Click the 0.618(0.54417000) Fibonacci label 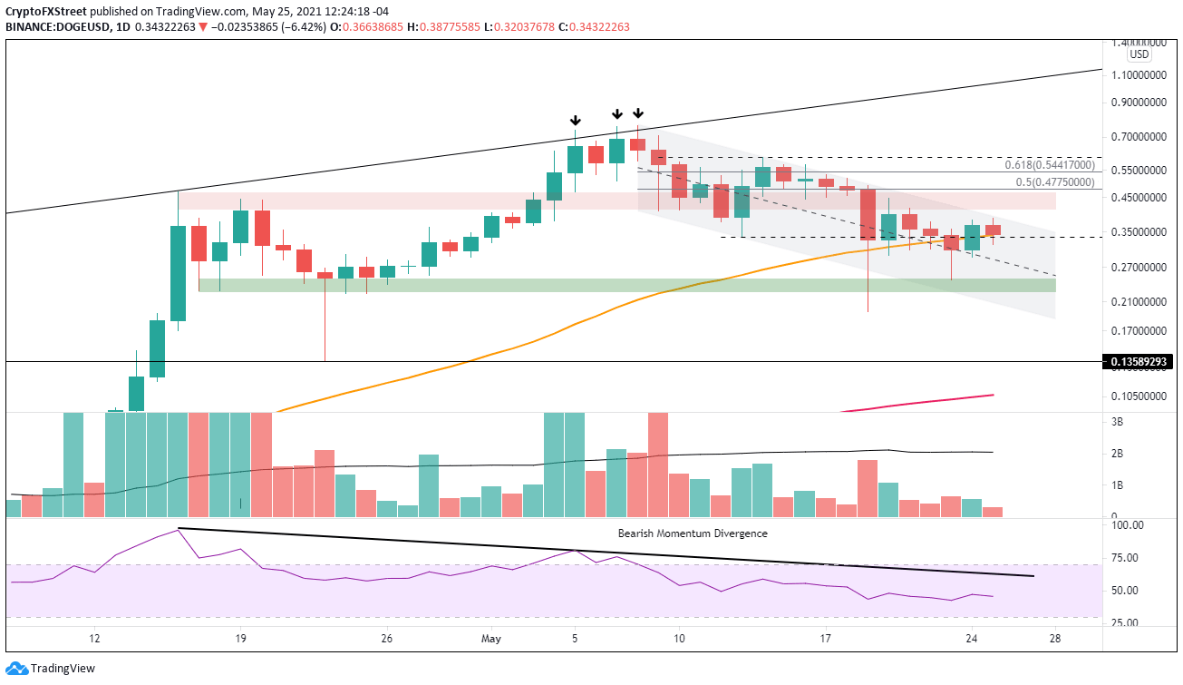pos(1043,165)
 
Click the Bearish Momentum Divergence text pos(693,533)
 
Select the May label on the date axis pos(491,638)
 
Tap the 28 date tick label pos(1055,638)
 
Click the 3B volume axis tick pos(1117,422)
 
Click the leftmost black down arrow pos(575,121)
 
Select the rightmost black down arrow pos(638,113)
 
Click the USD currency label pos(1139,54)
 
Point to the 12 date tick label pos(93,638)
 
